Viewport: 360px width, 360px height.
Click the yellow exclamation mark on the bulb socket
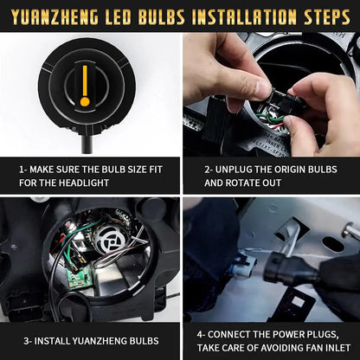pyautogui.click(x=85, y=87)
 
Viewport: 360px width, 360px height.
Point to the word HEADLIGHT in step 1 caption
pyautogui.click(x=86, y=183)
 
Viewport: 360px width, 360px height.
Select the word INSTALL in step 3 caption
pyautogui.click(x=55, y=339)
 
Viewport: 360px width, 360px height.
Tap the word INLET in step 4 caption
pyautogui.click(x=337, y=346)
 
